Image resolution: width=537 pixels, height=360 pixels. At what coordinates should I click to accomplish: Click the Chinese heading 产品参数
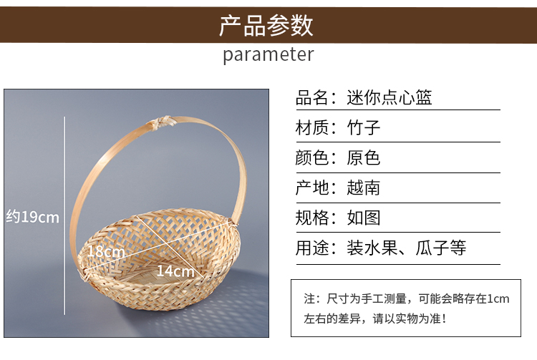[x=266, y=25]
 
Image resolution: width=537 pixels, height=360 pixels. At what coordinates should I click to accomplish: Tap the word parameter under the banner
[x=268, y=55]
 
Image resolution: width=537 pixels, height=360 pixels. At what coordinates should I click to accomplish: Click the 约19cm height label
[x=32, y=217]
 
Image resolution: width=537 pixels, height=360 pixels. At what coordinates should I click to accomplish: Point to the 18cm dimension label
[x=106, y=252]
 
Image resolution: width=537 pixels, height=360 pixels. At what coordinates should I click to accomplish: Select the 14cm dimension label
[x=175, y=271]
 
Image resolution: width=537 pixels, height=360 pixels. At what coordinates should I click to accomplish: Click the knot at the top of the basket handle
[x=160, y=122]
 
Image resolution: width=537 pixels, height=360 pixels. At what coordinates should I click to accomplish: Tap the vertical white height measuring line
[x=64, y=215]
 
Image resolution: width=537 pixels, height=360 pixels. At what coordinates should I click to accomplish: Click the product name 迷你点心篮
[x=390, y=97]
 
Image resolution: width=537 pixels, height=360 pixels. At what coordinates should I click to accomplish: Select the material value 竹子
[x=363, y=127]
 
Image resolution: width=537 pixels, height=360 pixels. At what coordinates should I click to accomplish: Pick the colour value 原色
[x=363, y=157]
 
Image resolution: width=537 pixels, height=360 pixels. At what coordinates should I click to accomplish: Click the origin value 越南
[x=363, y=188]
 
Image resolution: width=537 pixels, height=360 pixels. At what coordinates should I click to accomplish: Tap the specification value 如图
[x=363, y=218]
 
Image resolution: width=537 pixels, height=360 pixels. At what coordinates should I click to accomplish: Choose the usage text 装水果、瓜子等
[x=407, y=248]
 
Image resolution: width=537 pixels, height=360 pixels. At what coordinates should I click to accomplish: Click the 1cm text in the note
[x=498, y=298]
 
